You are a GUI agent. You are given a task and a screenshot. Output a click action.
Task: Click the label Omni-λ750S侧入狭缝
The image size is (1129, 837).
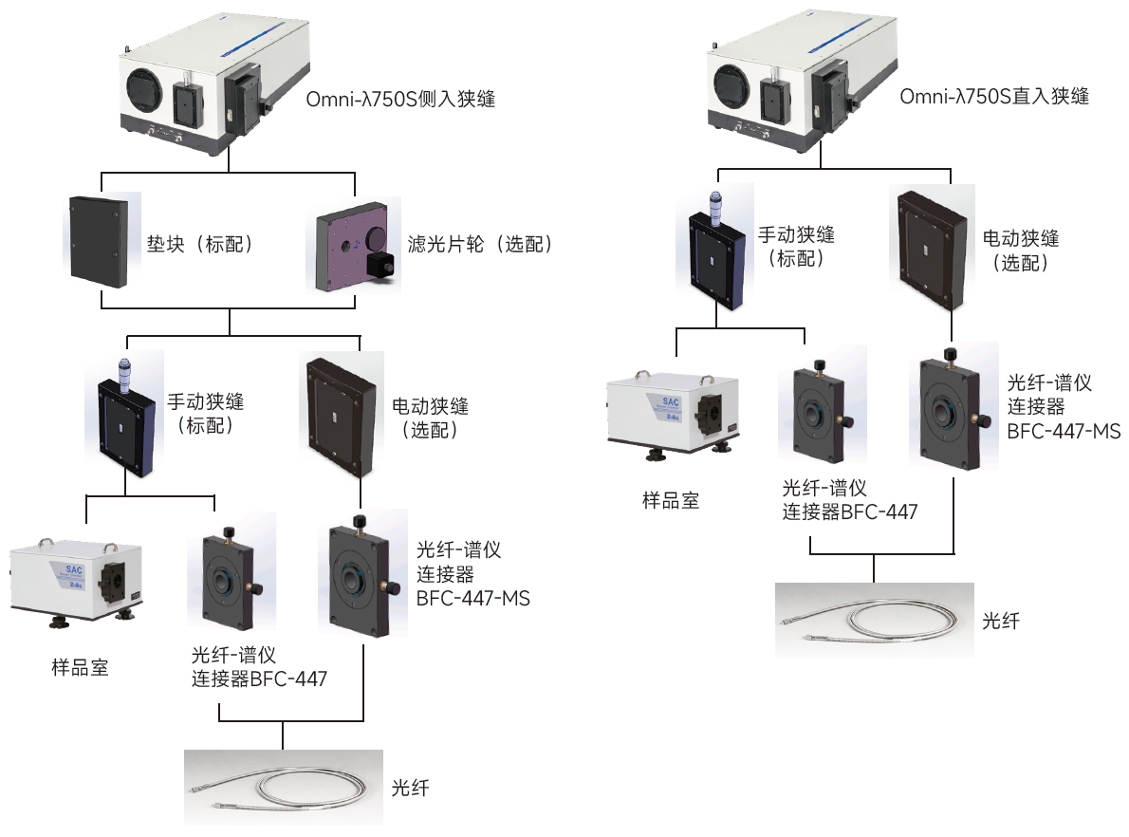coord(400,98)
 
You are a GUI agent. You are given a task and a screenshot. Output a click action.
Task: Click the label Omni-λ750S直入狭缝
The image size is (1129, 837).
coord(993,96)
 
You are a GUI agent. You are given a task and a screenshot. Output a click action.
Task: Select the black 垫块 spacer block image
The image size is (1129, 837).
coord(99,243)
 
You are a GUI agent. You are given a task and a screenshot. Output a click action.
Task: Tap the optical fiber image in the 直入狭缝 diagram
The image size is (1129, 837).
coord(873,620)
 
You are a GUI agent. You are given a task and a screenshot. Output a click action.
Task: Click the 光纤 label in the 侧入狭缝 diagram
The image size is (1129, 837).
coord(411,787)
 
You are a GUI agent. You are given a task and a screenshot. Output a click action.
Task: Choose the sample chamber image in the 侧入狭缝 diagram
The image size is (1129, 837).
coord(76,581)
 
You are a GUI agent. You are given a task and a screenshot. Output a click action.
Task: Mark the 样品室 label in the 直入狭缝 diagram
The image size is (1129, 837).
coord(671,500)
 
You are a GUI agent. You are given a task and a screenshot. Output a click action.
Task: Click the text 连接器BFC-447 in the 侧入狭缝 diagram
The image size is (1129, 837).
coord(260,679)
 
